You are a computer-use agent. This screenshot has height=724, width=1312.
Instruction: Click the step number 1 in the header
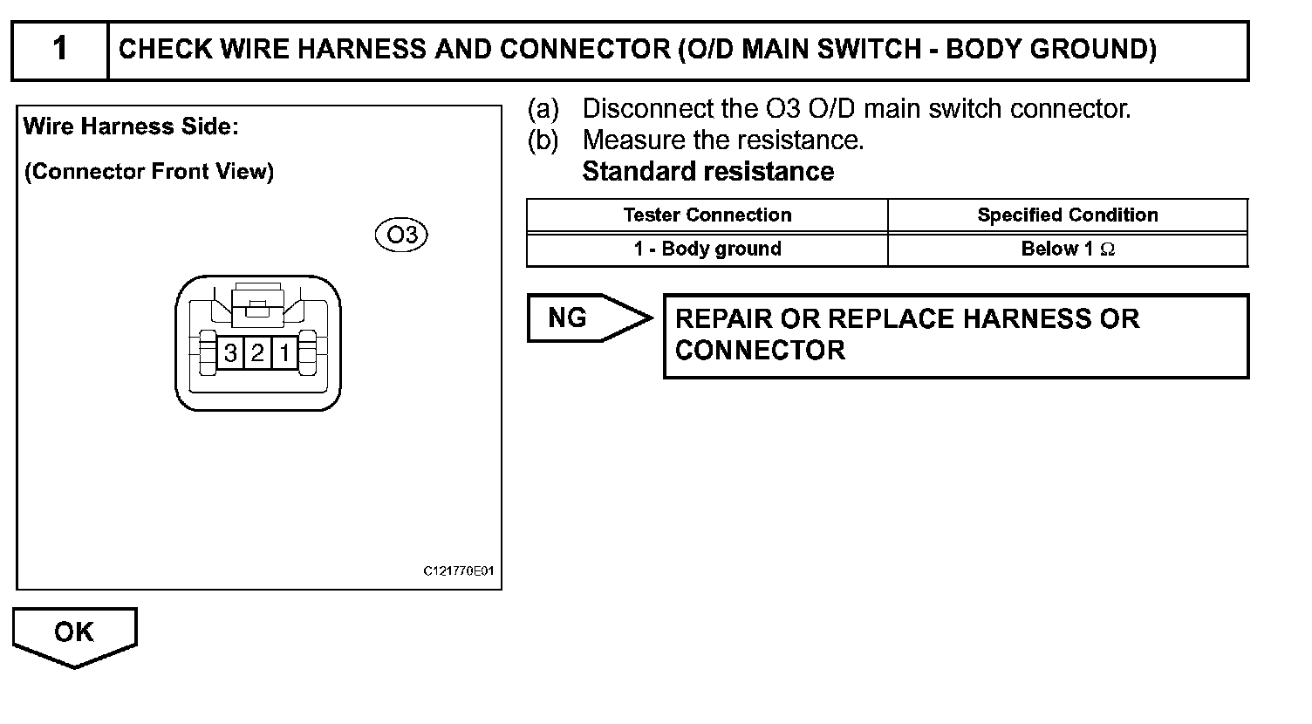click(59, 49)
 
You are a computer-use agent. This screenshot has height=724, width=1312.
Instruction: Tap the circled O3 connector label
click(401, 236)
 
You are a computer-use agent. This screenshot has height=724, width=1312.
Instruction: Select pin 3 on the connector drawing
click(230, 353)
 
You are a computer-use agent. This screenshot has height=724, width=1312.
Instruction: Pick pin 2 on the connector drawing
click(257, 353)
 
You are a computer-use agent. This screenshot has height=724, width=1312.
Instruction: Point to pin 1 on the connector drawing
click(284, 353)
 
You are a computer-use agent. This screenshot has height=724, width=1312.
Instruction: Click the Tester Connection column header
click(707, 215)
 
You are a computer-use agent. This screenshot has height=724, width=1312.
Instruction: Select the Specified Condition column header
click(1067, 215)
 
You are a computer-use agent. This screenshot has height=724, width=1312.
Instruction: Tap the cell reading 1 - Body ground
click(707, 249)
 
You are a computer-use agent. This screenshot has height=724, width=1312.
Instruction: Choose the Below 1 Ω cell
click(1067, 249)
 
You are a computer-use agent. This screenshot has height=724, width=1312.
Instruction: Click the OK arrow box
click(74, 634)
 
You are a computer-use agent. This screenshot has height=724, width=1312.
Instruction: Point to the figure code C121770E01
click(459, 572)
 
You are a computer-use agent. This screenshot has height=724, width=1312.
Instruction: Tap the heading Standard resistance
click(707, 172)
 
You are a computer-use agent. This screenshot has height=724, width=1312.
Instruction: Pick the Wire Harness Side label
click(131, 127)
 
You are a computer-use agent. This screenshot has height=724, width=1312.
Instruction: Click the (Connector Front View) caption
click(149, 172)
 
